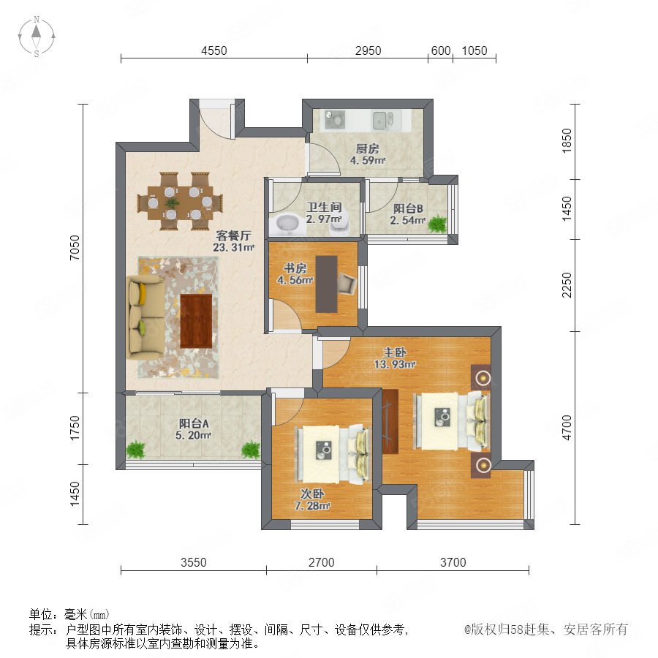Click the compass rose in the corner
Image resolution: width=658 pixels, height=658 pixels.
point(37,37)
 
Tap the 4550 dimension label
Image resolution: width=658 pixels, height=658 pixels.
point(214,50)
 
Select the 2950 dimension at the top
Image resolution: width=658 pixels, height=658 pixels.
point(368,50)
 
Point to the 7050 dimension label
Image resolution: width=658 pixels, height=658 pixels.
point(75,248)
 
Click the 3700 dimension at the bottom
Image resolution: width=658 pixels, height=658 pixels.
point(453,562)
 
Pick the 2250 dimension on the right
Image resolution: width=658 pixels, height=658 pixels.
point(567,285)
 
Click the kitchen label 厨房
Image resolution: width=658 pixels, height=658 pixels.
point(368,148)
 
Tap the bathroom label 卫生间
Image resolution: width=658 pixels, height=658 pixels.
point(324,207)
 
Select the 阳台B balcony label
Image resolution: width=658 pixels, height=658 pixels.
point(408,208)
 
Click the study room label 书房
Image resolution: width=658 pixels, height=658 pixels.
point(295,268)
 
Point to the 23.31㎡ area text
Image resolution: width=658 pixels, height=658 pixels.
point(233,248)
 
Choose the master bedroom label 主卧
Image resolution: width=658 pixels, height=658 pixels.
point(395,352)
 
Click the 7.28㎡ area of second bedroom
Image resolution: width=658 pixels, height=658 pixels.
point(312,506)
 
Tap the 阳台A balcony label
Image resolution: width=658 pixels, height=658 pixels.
point(194,423)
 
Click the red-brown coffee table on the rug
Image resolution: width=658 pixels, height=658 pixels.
point(196,321)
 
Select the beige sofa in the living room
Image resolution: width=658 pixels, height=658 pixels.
point(145,317)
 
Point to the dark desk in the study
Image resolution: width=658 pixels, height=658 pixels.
point(327,284)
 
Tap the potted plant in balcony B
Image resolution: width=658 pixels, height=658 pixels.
point(437,224)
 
